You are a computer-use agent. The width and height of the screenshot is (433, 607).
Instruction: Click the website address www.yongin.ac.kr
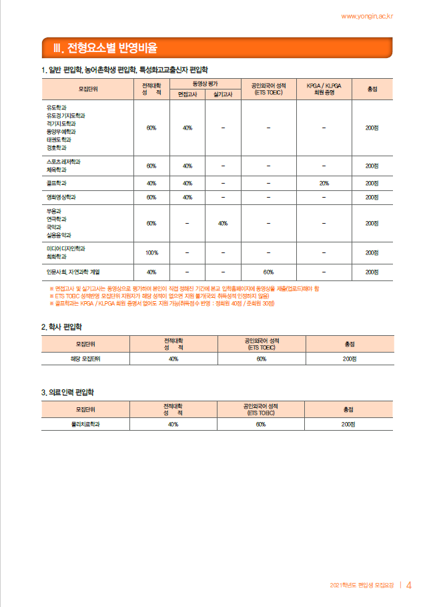[x=367, y=15]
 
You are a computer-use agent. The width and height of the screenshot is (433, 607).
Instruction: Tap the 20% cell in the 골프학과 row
[x=324, y=183]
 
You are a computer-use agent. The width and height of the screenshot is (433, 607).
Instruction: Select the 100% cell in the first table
[x=151, y=252]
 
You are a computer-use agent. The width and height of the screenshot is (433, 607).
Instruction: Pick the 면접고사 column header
[x=187, y=95]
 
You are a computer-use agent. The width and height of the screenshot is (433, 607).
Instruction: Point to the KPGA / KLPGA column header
[x=324, y=89]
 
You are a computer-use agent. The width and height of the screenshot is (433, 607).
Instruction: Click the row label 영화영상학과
[x=61, y=198]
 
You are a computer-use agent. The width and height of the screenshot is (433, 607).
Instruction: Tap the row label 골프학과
[x=56, y=183]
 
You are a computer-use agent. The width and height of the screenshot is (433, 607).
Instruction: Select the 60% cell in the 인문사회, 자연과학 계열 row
[x=269, y=272]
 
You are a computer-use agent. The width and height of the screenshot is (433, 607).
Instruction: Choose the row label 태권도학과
[x=59, y=140]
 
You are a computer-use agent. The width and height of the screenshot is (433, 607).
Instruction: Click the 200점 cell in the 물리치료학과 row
[x=348, y=424]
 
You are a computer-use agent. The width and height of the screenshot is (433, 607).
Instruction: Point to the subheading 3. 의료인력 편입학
[x=68, y=392]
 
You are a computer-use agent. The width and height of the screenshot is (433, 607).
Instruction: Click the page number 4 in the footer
[x=409, y=586]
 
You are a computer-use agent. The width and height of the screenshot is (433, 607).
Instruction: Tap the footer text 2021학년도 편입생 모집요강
[x=363, y=586]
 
